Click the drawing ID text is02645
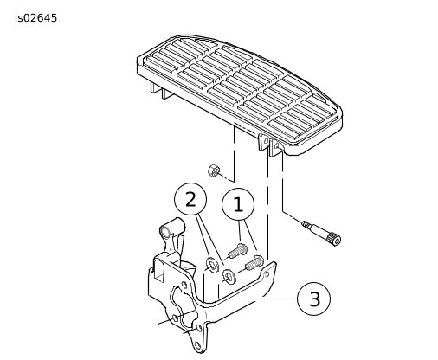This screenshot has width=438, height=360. [x=36, y=18]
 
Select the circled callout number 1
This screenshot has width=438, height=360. [x=238, y=205]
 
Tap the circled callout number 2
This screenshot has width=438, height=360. [x=190, y=199]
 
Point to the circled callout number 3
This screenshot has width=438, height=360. [x=314, y=299]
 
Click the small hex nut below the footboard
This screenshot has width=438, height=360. [x=214, y=170]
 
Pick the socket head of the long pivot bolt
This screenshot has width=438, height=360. [x=335, y=240]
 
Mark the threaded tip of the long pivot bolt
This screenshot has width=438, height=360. [x=305, y=224]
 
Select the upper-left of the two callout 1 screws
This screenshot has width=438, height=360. [x=237, y=251]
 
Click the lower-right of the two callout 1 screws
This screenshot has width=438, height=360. [x=254, y=263]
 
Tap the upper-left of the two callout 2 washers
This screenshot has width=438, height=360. [x=211, y=265]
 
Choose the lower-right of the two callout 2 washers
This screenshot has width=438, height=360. [x=229, y=276]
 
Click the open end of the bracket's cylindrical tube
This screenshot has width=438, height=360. [x=165, y=232]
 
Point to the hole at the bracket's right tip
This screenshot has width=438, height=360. [x=267, y=274]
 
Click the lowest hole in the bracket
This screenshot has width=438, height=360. [x=197, y=344]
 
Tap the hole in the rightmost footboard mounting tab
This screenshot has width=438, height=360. [x=277, y=145]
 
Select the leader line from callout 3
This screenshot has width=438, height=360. [x=273, y=299]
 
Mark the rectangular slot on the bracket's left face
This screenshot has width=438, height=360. [x=159, y=270]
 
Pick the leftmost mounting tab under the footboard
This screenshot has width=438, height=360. [x=155, y=87]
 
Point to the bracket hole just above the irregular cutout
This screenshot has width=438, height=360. [x=184, y=285]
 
